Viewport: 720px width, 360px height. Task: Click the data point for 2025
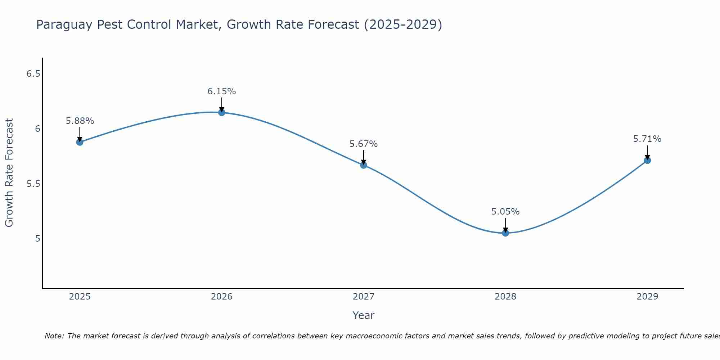pyautogui.click(x=80, y=142)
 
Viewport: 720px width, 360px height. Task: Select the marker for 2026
pyautogui.click(x=222, y=113)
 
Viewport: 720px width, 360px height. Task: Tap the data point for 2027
pyautogui.click(x=364, y=165)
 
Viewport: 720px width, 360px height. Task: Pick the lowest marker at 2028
pyautogui.click(x=505, y=233)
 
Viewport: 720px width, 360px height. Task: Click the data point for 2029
pyautogui.click(x=647, y=161)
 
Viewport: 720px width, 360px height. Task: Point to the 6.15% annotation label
pyautogui.click(x=222, y=91)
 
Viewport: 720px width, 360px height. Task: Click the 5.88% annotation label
pyautogui.click(x=80, y=121)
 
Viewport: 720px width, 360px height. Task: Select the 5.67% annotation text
pyautogui.click(x=364, y=144)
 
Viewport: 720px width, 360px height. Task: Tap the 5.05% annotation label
pyautogui.click(x=505, y=212)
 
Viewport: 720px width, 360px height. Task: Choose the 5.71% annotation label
pyautogui.click(x=647, y=139)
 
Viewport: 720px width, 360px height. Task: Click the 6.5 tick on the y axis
pyautogui.click(x=33, y=74)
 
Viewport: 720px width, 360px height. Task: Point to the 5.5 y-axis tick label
pyautogui.click(x=33, y=184)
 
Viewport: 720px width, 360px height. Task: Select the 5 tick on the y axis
pyautogui.click(x=38, y=239)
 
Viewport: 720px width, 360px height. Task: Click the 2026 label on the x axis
pyautogui.click(x=222, y=297)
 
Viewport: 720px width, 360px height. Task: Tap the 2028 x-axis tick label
pyautogui.click(x=505, y=297)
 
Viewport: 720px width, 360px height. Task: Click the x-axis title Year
pyautogui.click(x=364, y=315)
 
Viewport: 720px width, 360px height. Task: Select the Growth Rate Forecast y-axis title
pyautogui.click(x=9, y=173)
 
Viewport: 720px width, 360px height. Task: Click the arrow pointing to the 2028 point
pyautogui.click(x=505, y=225)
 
